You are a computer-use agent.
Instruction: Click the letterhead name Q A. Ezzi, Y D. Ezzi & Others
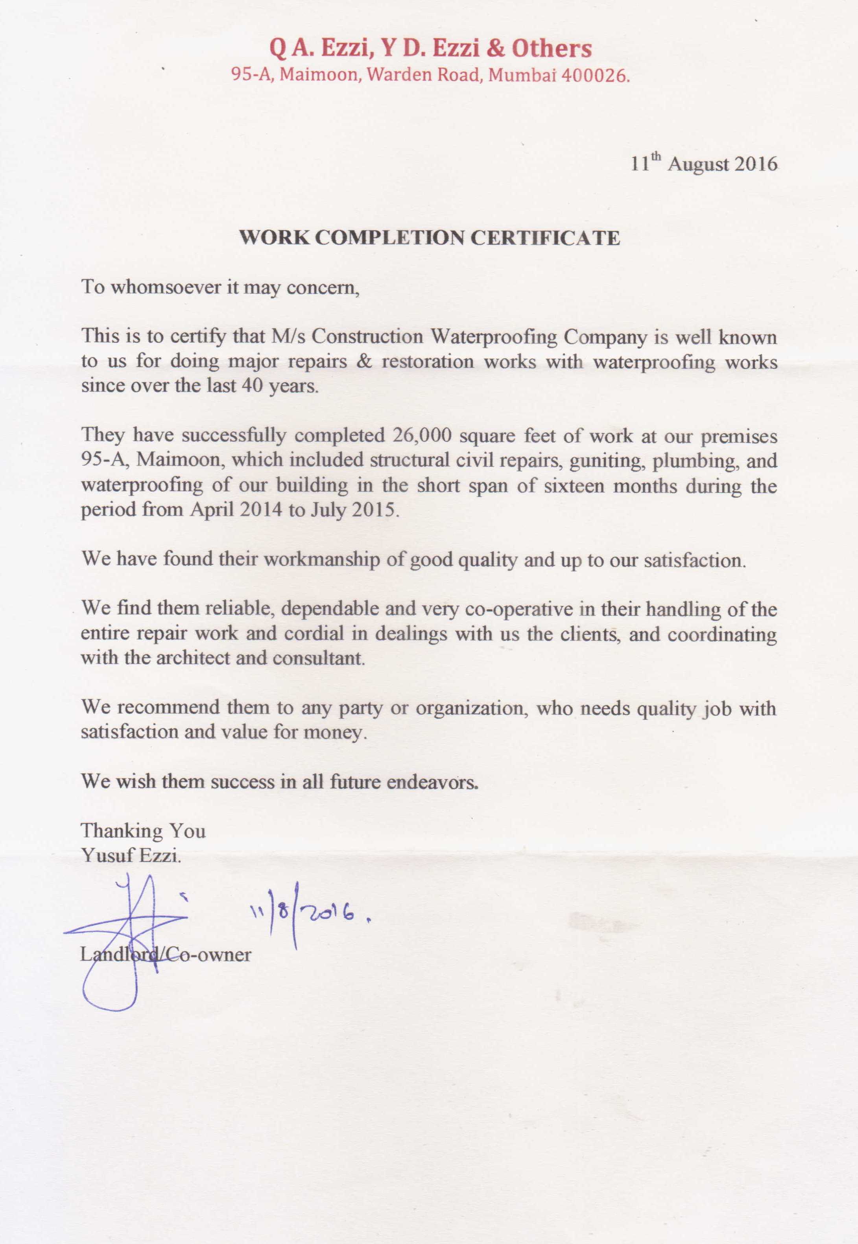(x=430, y=49)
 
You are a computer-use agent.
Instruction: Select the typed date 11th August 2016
(x=704, y=163)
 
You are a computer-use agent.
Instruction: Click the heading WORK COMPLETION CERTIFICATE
(x=430, y=238)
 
